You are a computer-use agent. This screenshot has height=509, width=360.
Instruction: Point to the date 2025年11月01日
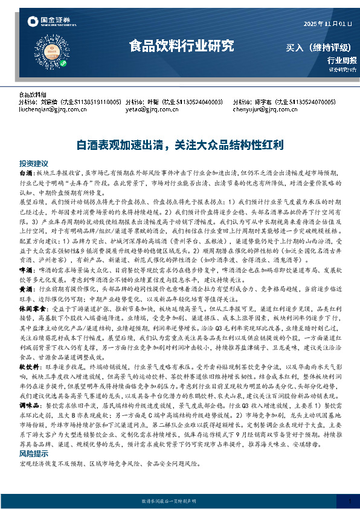tap(327, 24)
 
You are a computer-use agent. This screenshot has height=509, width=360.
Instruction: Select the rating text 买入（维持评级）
tap(321, 47)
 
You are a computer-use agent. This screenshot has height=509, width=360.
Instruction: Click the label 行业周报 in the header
tap(342, 60)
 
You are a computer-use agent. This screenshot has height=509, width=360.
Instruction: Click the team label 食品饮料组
tap(33, 96)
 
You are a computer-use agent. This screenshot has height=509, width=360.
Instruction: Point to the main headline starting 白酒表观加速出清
tap(179, 145)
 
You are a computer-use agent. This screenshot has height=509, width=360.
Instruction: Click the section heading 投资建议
tap(33, 164)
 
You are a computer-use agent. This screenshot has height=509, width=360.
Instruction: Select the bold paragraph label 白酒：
tap(27, 173)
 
